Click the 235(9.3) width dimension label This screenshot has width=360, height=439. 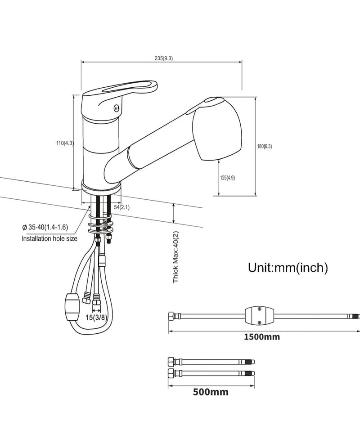(x=164, y=58)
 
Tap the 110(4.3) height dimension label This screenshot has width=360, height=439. (x=65, y=143)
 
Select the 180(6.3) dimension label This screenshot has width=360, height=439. (x=265, y=146)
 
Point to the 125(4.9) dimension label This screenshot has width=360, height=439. (x=228, y=178)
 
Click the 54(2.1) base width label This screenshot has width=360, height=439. (x=121, y=207)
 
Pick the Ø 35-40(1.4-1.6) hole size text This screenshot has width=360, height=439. (x=45, y=227)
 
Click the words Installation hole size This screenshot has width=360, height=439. (x=49, y=238)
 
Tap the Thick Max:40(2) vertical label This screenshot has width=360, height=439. (x=175, y=257)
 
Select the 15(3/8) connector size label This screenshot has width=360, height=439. (x=96, y=318)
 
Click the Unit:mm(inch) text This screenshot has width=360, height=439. (x=288, y=268)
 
